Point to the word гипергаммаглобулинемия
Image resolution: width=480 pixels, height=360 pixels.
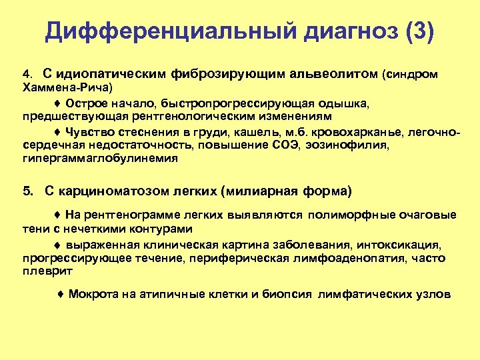pyautogui.click(x=100, y=158)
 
